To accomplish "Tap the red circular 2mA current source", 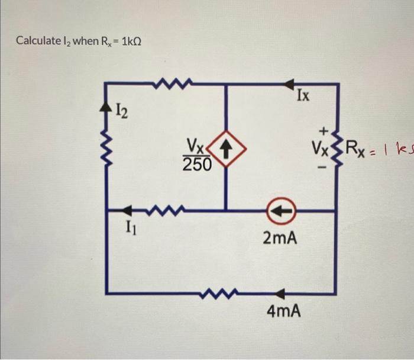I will pos(279,210).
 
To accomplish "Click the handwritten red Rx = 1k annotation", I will pos(379,145).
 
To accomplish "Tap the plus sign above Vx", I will pos(324,129).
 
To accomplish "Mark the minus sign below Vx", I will pos(324,168).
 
